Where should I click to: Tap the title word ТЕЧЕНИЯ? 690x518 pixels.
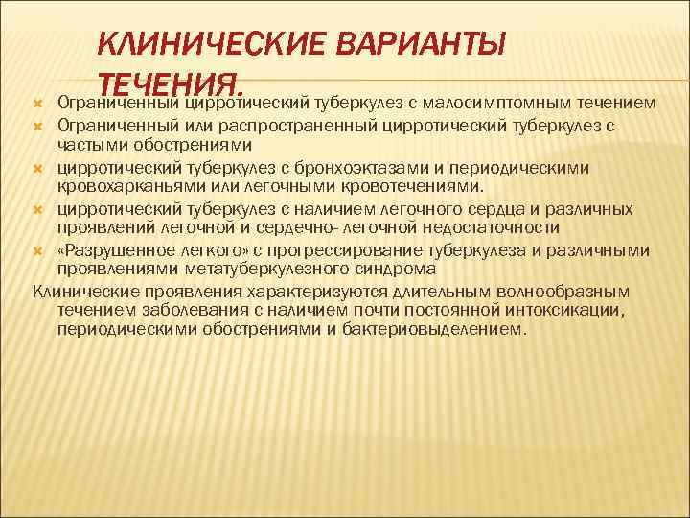click(x=172, y=81)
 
